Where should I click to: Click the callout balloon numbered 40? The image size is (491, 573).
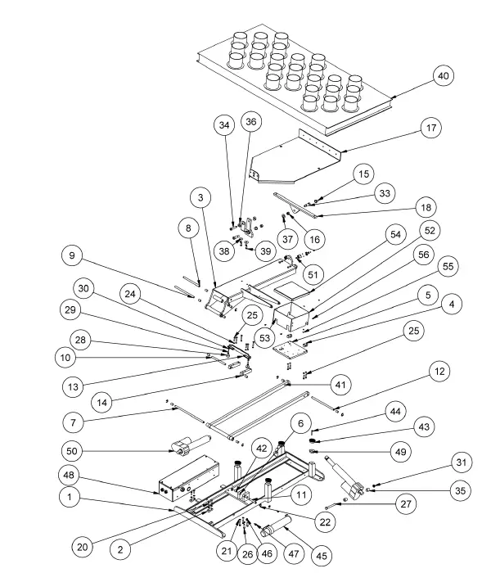click(443, 76)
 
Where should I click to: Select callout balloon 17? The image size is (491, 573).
click(432, 128)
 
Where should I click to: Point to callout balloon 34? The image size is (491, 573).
click(223, 124)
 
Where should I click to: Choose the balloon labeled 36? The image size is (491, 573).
click(251, 121)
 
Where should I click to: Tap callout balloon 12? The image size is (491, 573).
click(440, 372)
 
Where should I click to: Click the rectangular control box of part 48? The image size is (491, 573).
click(188, 479)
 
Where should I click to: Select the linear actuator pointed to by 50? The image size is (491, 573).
click(187, 445)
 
